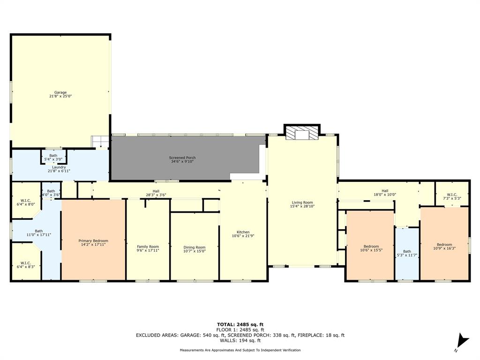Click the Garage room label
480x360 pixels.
[x=60, y=93]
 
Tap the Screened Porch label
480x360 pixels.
[x=182, y=157]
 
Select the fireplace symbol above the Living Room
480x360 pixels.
[x=302, y=134]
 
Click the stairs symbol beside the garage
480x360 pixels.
[x=99, y=141]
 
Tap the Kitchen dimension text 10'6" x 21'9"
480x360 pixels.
[x=243, y=236]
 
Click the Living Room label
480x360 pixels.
[x=302, y=202]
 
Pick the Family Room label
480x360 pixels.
[x=148, y=247]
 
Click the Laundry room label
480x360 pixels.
[x=59, y=167]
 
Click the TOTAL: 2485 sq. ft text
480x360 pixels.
[x=240, y=324]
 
